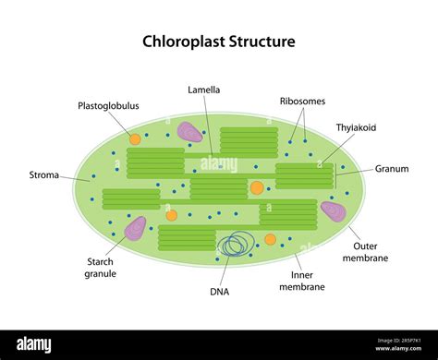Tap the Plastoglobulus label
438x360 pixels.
point(108,105)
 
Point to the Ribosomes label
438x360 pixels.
point(302,101)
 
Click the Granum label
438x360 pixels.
point(391,169)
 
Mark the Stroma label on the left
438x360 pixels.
point(44,174)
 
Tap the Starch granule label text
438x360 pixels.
point(101,267)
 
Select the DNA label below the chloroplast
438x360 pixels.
point(219,292)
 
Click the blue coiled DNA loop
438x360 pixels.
point(236,245)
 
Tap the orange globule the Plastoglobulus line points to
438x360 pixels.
point(135,138)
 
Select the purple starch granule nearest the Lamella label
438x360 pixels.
point(190,133)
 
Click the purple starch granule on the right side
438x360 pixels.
point(333,211)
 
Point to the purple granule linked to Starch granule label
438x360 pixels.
point(136,227)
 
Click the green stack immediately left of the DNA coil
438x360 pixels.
point(187,238)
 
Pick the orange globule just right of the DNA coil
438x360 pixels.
point(270,239)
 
